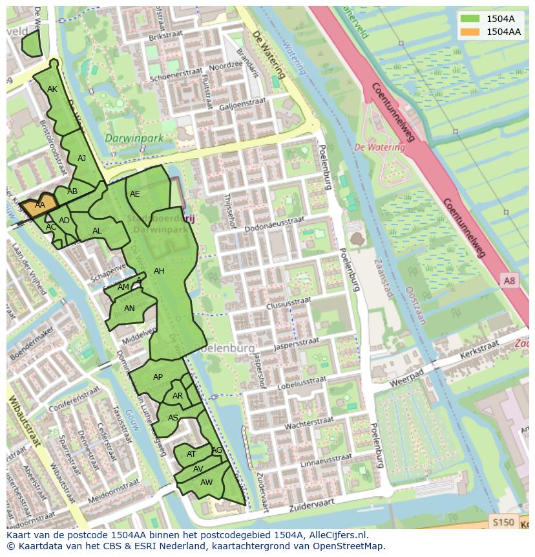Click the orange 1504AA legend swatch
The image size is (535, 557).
click(470, 32)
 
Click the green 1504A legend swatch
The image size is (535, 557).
click(470, 19)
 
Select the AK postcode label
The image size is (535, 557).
click(52, 89)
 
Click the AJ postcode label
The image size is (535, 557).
click(81, 158)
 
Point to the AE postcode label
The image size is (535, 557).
click(134, 194)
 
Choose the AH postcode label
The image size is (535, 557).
click(159, 271)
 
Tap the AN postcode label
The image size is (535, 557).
click(129, 309)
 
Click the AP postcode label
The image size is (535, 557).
click(158, 377)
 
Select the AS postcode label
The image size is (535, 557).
click(173, 418)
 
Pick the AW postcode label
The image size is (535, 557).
click(206, 483)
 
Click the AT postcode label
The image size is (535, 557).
click(191, 454)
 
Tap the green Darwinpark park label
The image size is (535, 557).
click(133, 138)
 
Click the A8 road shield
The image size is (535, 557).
click(510, 280)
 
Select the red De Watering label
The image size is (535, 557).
click(379, 147)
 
